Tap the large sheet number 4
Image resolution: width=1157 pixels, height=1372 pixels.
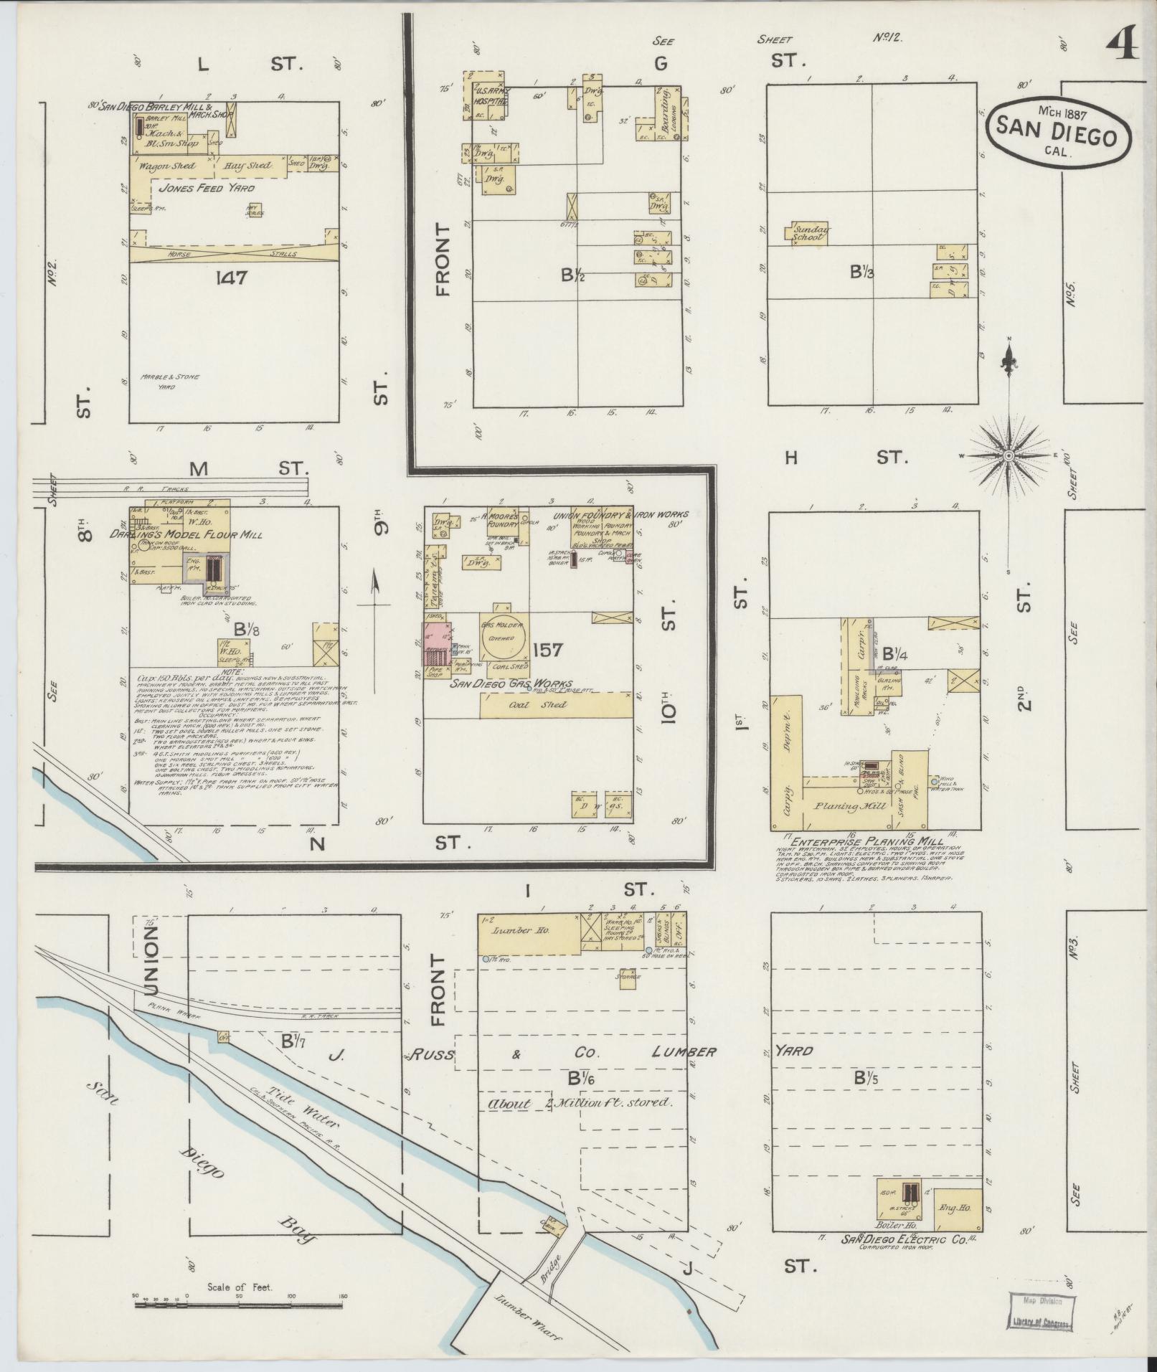point(1123,47)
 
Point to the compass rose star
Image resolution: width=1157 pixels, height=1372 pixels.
point(1009,455)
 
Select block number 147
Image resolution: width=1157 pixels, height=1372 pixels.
point(230,278)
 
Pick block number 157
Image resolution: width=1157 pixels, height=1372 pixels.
point(549,650)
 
